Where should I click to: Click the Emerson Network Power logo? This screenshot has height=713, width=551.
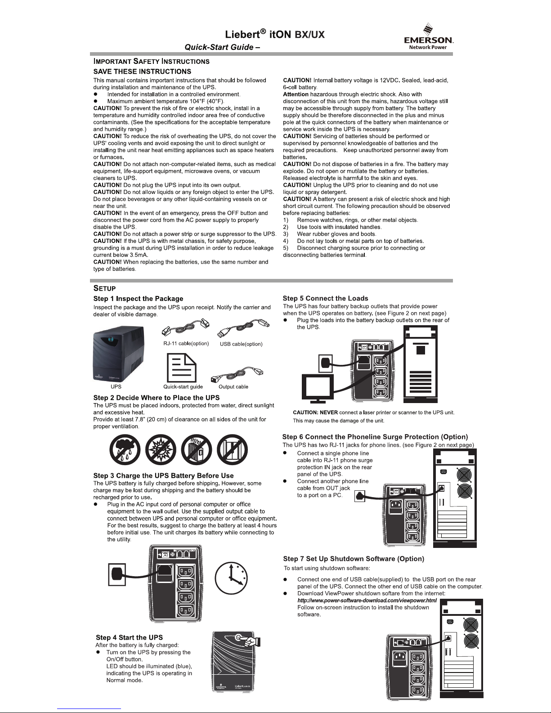(x=428, y=37)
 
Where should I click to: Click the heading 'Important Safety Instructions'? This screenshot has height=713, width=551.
(x=151, y=61)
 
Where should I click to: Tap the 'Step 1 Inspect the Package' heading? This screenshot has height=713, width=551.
(x=138, y=299)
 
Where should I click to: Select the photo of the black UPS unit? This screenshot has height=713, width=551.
(x=119, y=354)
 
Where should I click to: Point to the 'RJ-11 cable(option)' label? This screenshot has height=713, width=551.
(x=186, y=344)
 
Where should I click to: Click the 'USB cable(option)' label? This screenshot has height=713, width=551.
(x=241, y=344)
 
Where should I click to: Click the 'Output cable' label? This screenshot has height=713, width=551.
(x=233, y=387)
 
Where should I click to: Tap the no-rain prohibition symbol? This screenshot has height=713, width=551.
(x=125, y=450)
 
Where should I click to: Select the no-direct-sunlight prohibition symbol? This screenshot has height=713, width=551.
(x=161, y=450)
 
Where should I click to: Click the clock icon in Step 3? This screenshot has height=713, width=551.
(x=231, y=578)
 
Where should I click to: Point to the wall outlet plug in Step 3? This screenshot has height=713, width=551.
(x=117, y=575)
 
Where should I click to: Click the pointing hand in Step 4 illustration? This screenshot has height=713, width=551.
(x=252, y=641)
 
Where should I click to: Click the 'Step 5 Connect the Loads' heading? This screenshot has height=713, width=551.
(x=325, y=298)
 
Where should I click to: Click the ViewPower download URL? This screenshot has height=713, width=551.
(x=367, y=601)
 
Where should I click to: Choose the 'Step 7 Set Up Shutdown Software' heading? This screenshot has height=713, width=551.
(x=354, y=559)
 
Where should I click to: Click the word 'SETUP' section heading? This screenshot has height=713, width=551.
(x=104, y=288)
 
